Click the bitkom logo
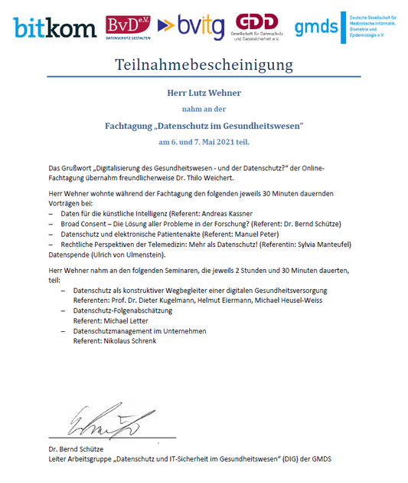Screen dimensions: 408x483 click(x=53, y=28)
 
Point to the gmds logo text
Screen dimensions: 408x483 click(x=316, y=28)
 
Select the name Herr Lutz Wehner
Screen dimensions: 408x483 click(x=204, y=94)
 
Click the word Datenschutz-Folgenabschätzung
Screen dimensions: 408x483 click(x=122, y=310)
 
